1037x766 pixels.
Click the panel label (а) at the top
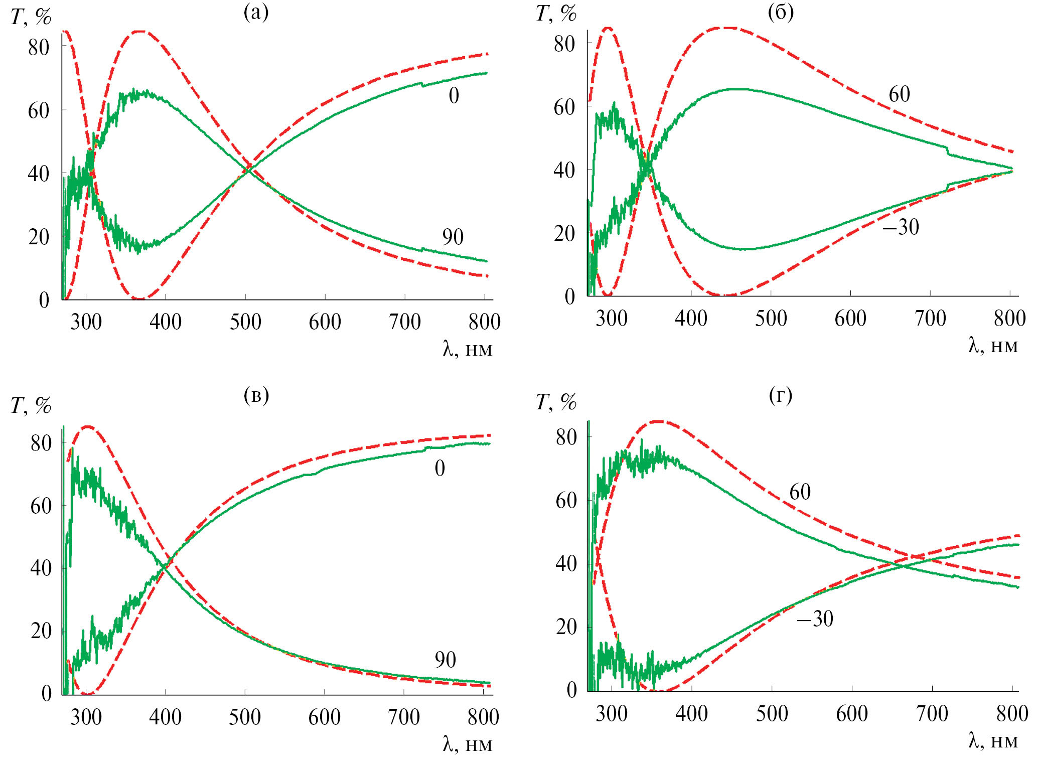pos(256,13)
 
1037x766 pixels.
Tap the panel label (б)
pos(781,13)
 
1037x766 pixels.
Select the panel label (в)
pos(256,396)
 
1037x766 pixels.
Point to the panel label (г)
pos(781,396)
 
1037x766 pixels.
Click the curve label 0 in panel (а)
pos(454,95)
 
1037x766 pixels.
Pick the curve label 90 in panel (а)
pos(453,237)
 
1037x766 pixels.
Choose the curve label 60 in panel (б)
pos(899,94)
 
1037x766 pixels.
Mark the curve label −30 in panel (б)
pos(901,227)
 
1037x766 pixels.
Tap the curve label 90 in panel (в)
pos(446,660)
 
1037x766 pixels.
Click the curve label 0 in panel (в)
pos(440,468)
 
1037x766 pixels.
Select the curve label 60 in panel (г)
pos(800,492)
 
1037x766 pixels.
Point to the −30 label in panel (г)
pos(815,619)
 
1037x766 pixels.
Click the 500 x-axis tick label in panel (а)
pos(245,322)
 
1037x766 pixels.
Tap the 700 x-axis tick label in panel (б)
pos(930,319)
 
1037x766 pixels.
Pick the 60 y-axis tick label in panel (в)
pos(41,506)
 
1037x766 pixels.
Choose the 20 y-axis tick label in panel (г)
pos(566,627)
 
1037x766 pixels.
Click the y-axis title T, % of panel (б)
pos(556,14)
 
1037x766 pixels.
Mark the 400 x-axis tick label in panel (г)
pos(691,714)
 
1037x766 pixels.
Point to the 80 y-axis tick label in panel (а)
pos(39,48)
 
